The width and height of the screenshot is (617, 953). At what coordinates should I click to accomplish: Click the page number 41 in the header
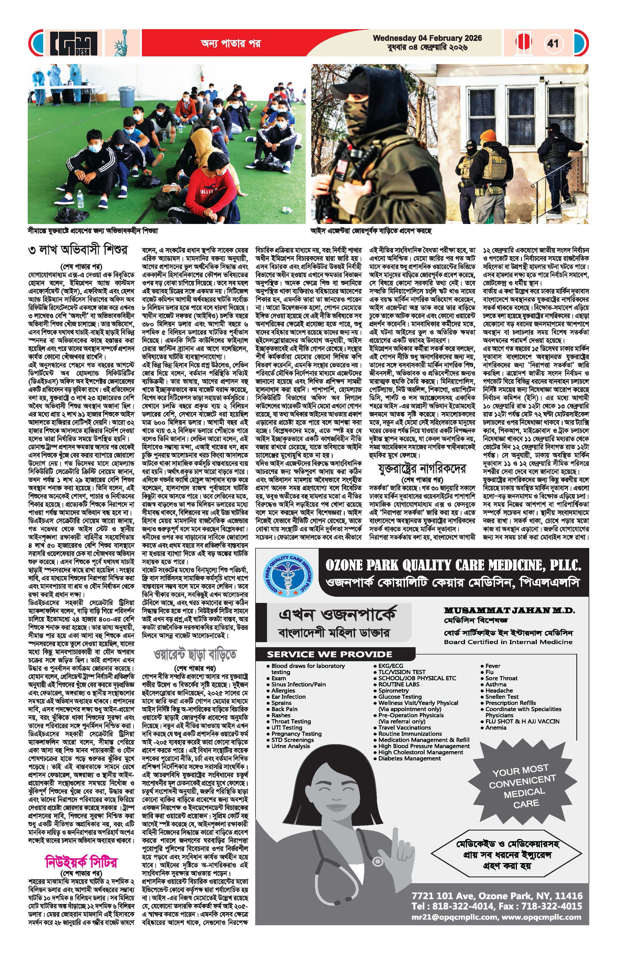553,43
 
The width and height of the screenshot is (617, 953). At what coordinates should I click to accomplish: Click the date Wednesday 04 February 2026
427,38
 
